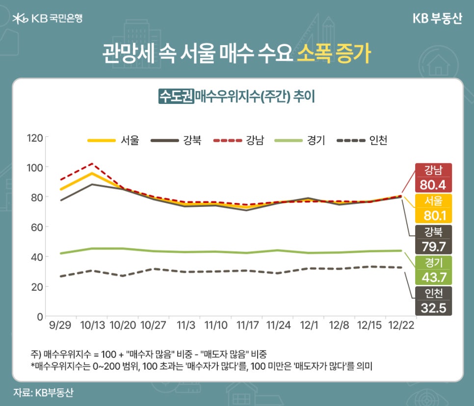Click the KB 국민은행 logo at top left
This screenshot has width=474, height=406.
coord(47,19)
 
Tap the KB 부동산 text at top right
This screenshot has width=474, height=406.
coord(436,19)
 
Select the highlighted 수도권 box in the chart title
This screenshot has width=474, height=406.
coord(176,96)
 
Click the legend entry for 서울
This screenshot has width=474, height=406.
coord(113,141)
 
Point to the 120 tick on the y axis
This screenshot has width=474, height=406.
coord(35,137)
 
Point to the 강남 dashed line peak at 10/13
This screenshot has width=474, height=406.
coord(92,164)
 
